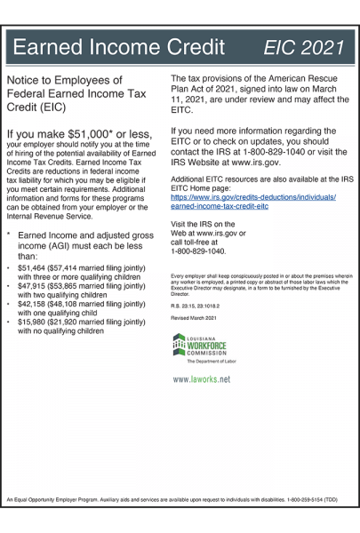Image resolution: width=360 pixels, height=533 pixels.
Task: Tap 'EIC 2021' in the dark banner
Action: [x=305, y=45]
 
